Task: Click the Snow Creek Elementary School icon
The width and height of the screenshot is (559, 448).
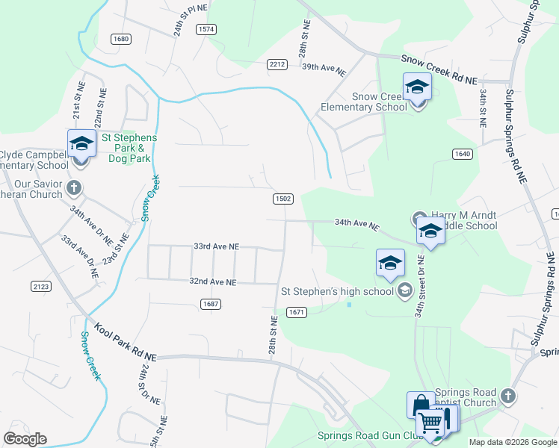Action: [417, 87]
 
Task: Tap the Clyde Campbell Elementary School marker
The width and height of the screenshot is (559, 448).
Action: [81, 143]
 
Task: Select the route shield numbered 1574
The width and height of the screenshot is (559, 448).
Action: [206, 28]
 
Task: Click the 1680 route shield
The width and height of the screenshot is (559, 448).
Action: [120, 39]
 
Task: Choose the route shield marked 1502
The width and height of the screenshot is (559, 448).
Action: [282, 199]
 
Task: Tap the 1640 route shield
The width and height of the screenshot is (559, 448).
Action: [463, 154]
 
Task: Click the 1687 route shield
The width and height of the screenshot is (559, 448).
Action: [210, 303]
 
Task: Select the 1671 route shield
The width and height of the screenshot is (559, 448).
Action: [297, 312]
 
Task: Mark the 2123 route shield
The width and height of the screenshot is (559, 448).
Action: [40, 286]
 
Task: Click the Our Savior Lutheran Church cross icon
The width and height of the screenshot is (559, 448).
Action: [74, 186]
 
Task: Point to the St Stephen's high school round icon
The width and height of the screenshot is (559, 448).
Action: [404, 290]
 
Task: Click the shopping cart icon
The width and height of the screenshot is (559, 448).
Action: [431, 422]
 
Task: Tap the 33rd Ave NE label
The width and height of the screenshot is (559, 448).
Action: [216, 246]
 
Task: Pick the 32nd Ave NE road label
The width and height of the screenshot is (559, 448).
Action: [213, 282]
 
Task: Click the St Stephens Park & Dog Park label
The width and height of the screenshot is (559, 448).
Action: [129, 148]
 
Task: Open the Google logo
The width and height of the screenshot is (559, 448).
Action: [25, 439]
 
